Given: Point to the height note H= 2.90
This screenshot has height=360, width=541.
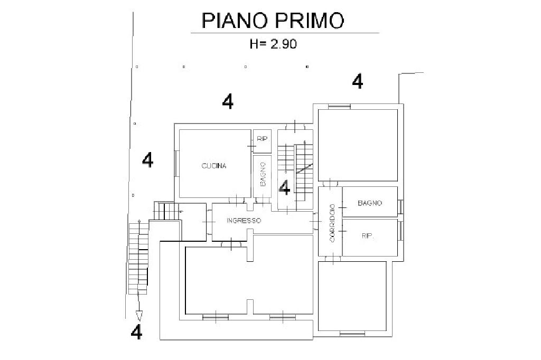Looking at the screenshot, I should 273,44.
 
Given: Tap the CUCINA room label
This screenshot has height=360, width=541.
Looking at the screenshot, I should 214,166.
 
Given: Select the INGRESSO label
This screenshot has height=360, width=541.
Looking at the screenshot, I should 244,221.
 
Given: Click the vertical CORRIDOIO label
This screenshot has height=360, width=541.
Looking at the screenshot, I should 332,222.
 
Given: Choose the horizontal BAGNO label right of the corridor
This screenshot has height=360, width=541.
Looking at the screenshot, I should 370,203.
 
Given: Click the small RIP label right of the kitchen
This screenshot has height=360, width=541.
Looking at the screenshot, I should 262,139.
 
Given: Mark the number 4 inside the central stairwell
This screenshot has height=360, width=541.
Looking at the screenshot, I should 284,187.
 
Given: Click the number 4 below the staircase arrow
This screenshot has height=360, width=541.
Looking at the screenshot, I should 136,333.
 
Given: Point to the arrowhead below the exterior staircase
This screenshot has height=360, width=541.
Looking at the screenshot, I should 139,316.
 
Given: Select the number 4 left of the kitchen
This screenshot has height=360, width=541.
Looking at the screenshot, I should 148,159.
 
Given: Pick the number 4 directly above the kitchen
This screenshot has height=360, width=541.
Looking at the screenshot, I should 228,101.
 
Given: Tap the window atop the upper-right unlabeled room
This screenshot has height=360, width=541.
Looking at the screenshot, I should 339,106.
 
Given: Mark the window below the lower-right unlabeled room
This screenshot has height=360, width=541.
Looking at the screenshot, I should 352,333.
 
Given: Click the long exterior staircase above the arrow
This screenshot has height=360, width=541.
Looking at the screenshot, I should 138,259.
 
